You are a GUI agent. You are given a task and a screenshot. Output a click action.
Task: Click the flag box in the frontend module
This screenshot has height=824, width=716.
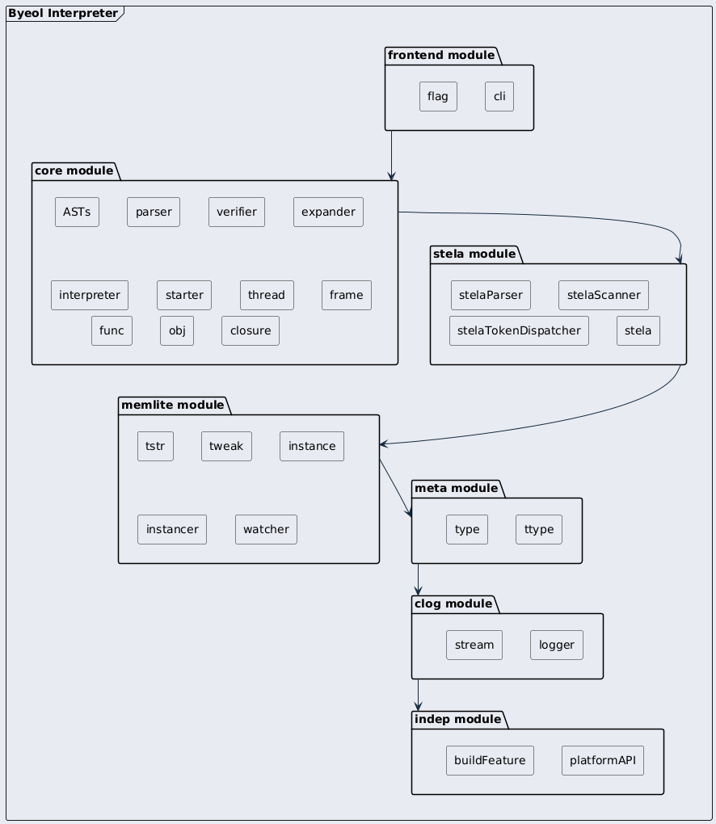(438, 97)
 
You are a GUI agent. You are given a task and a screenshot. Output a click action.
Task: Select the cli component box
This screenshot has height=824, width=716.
(499, 97)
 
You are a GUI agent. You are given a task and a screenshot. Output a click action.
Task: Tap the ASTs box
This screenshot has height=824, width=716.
(77, 212)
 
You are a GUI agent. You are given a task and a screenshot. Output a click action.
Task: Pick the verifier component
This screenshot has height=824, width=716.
(237, 212)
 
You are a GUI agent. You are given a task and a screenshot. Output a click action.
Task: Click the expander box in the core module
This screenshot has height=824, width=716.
(328, 212)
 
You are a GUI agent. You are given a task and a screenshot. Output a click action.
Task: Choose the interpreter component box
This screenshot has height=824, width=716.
(90, 296)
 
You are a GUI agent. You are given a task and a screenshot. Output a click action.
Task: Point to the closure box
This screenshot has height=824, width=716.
(251, 330)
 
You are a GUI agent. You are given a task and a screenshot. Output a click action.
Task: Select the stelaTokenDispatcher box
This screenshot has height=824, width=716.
(519, 330)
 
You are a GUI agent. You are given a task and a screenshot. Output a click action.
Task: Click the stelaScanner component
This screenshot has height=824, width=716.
(604, 296)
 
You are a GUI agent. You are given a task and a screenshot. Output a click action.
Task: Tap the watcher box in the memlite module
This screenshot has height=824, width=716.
(266, 529)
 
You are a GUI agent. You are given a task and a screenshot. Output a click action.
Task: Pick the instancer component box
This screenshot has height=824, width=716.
(172, 529)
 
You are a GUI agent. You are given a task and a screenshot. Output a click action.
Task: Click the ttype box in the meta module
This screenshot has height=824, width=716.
(539, 529)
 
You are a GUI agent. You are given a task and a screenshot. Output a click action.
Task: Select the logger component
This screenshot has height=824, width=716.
(557, 645)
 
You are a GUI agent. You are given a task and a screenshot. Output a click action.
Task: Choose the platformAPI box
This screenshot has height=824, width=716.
(602, 760)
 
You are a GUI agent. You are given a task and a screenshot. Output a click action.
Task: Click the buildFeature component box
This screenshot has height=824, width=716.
(490, 760)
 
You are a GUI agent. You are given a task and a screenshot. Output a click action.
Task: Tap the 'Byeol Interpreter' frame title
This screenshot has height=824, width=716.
(63, 13)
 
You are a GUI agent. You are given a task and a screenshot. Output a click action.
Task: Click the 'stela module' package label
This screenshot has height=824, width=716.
(474, 254)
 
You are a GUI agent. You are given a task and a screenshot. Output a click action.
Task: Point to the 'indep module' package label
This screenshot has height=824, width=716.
(457, 719)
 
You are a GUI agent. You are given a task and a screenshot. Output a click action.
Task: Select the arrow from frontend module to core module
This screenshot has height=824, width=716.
(391, 156)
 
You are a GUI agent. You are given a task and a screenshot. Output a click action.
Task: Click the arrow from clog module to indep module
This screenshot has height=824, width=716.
(419, 696)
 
